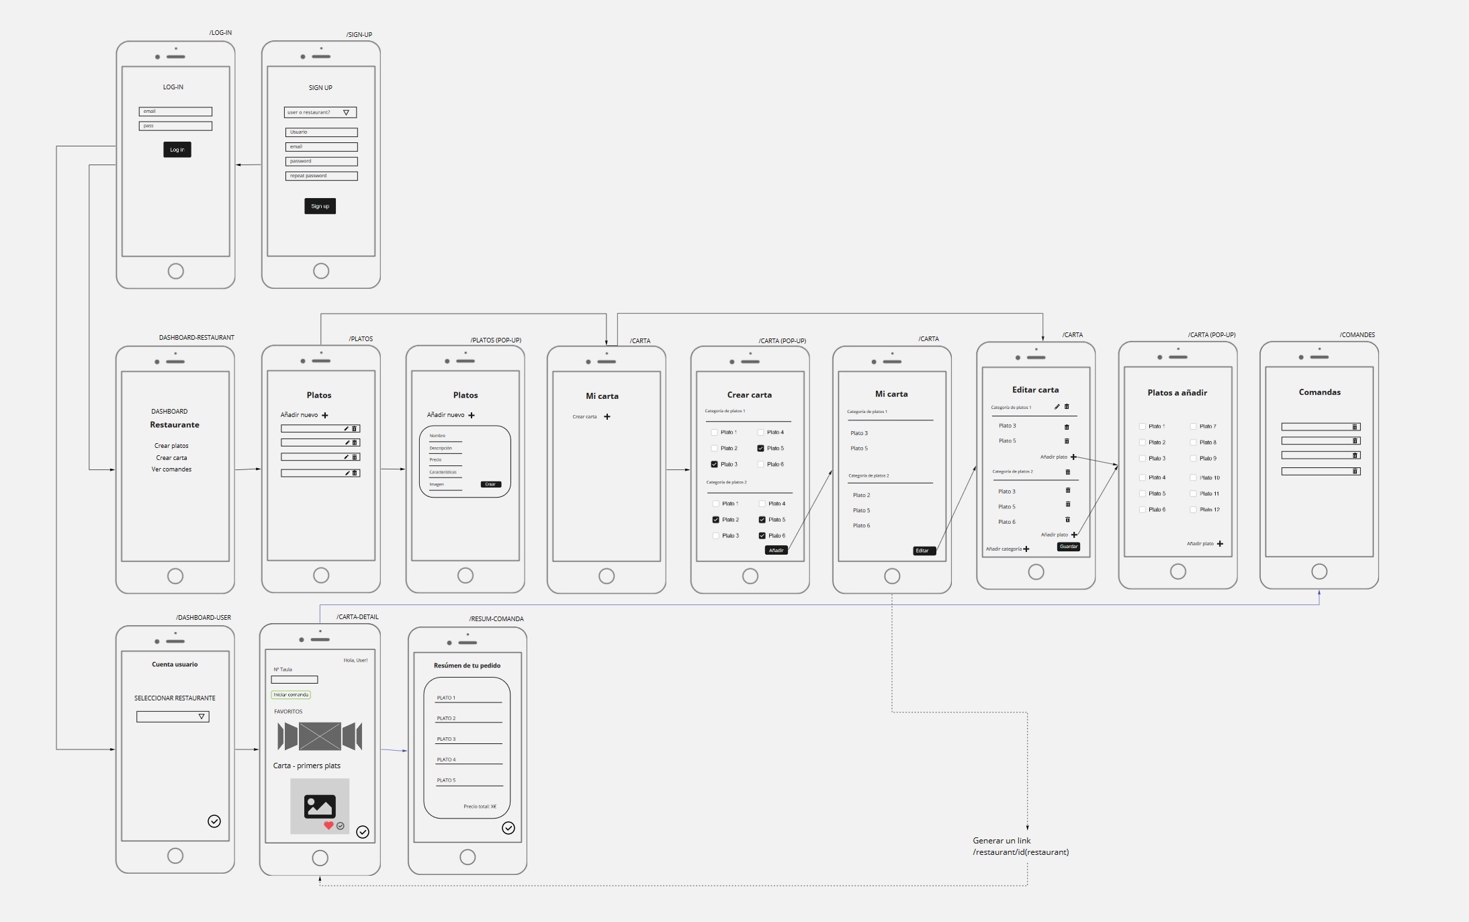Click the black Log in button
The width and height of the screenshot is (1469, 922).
pos(177,150)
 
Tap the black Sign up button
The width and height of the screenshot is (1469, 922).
pos(320,206)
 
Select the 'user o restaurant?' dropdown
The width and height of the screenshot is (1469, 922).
pos(320,112)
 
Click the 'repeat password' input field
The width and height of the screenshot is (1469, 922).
pos(321,176)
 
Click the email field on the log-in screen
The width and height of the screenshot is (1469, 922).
pos(175,111)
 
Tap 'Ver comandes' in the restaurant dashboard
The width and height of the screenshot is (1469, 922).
pos(171,469)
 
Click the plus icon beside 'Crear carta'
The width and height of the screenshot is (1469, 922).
pos(607,417)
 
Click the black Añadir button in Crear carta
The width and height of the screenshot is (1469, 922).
pos(776,550)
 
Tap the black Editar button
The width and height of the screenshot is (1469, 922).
pos(923,551)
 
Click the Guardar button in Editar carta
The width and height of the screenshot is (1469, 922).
pos(1068,547)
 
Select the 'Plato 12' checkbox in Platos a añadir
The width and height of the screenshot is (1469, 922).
pos(1194,510)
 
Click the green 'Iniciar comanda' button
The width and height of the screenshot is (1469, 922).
pos(291,695)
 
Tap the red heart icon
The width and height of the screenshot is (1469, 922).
pos(328,825)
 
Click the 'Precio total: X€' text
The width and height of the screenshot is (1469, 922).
pos(480,806)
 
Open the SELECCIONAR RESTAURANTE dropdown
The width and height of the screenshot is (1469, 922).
pos(173,717)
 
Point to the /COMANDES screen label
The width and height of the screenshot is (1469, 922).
pos(1357,334)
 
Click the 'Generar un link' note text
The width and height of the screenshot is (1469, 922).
pos(1001,841)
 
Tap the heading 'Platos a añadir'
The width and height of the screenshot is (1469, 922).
pos(1177,393)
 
